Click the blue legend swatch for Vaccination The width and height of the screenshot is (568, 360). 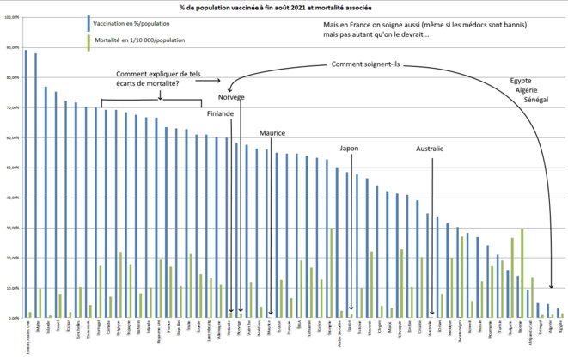[x=89, y=22]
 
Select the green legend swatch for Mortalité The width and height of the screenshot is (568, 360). [x=89, y=40]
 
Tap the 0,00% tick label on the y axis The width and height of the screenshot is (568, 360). [x=11, y=318]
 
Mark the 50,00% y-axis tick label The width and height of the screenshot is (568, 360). [x=11, y=168]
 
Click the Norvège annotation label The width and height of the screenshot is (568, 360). [x=242, y=95]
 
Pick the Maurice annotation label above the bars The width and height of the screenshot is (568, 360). [x=272, y=132]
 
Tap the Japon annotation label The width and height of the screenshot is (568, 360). [x=350, y=148]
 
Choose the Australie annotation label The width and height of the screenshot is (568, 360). [x=429, y=148]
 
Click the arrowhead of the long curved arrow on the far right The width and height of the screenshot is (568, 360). [x=552, y=288]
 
